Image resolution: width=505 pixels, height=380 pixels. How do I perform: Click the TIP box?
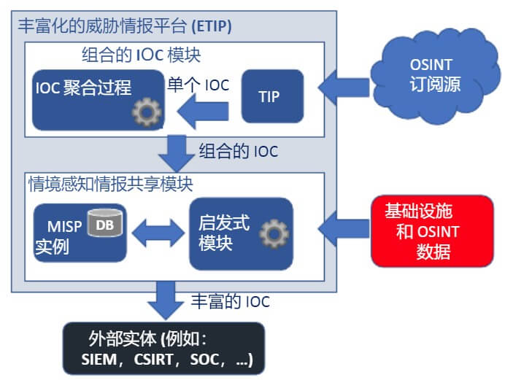point(272,96)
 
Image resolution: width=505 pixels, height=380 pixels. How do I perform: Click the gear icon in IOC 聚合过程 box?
point(146,112)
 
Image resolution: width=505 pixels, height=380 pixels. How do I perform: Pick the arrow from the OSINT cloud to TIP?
point(342,86)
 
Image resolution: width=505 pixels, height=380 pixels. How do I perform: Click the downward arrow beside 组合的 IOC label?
point(177,152)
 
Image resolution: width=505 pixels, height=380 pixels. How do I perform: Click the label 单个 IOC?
point(198,84)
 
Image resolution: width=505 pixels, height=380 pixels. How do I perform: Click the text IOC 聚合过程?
point(83,88)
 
